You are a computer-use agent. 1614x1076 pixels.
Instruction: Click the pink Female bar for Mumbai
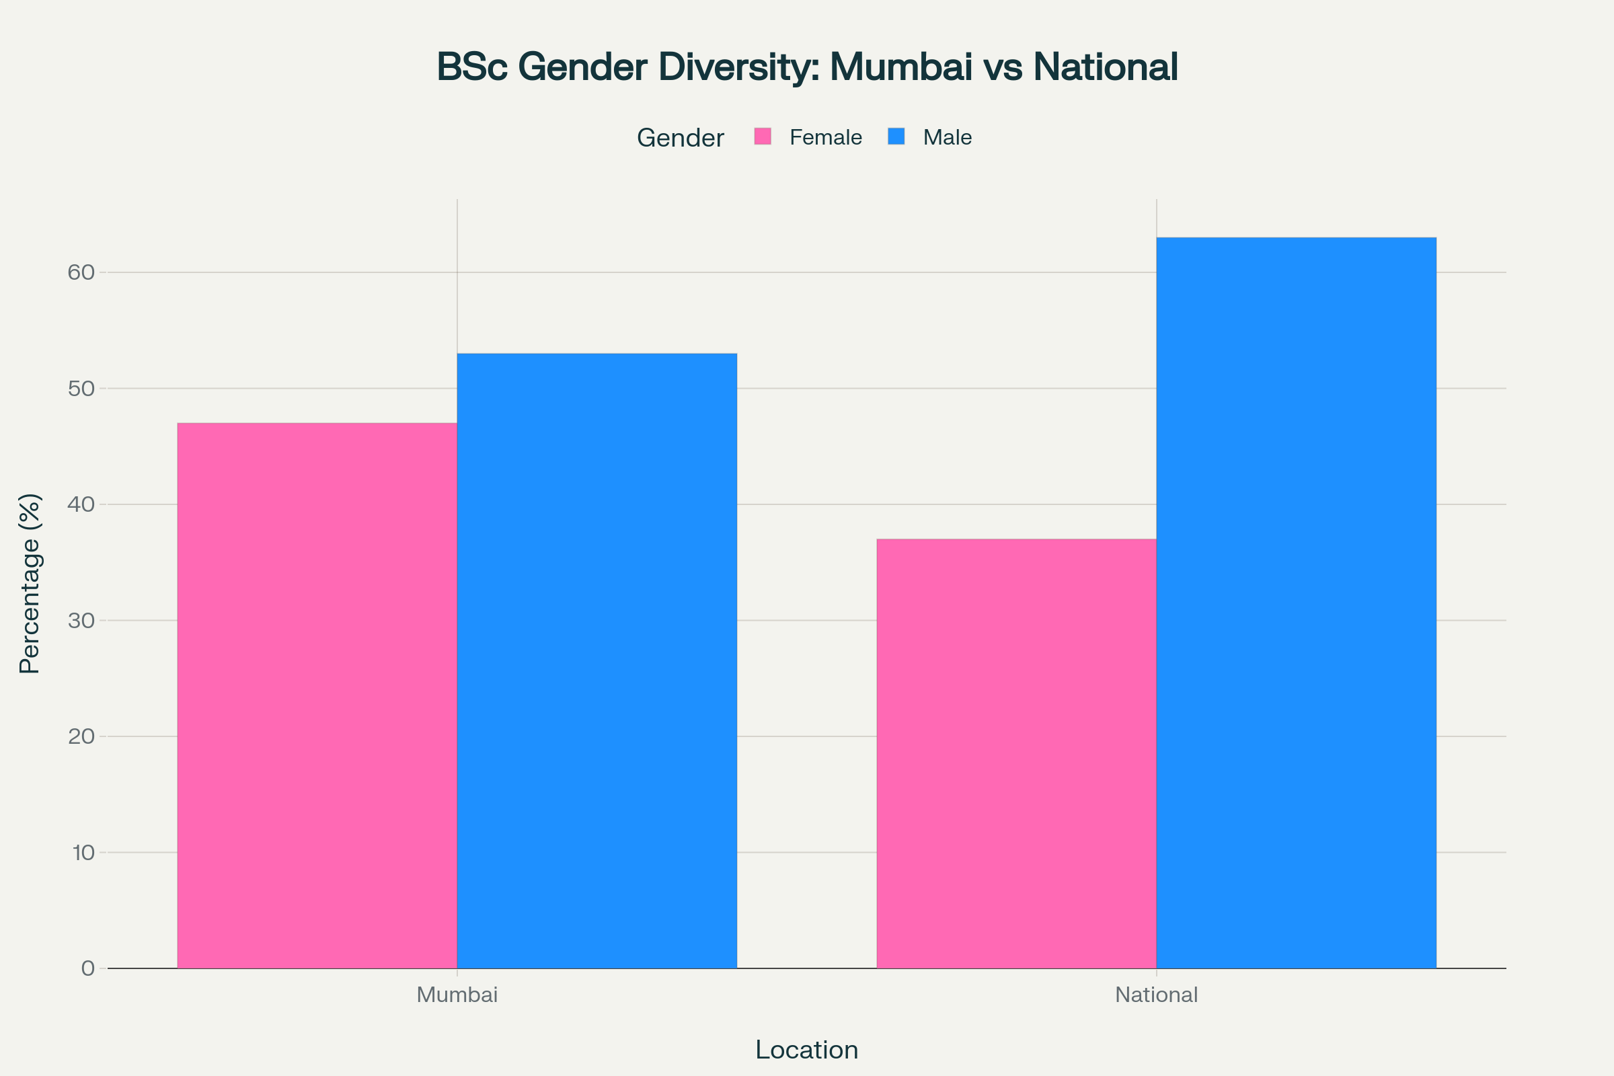[x=317, y=695]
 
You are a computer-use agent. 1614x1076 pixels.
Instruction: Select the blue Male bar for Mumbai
[x=597, y=661]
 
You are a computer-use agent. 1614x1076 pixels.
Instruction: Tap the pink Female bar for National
[x=1016, y=753]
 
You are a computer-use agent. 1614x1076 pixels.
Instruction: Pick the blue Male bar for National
[x=1296, y=603]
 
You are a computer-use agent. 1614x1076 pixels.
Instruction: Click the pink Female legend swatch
[x=763, y=137]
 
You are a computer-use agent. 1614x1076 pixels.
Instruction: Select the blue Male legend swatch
[x=896, y=137]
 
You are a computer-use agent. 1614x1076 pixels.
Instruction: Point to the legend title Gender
[x=679, y=138]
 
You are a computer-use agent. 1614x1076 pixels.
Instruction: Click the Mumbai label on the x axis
[x=457, y=995]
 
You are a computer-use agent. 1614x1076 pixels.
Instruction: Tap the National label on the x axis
[x=1156, y=995]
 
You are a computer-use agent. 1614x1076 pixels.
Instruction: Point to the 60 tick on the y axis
[x=81, y=272]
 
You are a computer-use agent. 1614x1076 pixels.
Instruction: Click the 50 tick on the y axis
[x=81, y=389]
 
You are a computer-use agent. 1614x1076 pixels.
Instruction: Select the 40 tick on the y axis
[x=81, y=504]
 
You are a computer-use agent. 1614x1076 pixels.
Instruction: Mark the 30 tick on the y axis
[x=81, y=620]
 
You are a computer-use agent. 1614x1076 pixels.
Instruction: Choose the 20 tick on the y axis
[x=81, y=736]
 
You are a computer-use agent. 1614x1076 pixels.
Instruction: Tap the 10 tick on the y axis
[x=83, y=852]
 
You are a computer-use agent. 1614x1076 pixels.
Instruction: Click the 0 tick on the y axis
[x=88, y=968]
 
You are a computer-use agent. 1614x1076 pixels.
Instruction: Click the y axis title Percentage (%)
[x=30, y=583]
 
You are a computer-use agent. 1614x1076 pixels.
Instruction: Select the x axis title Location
[x=806, y=1050]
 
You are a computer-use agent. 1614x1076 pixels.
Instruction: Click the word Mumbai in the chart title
[x=901, y=67]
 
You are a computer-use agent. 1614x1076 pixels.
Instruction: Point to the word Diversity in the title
[x=738, y=67]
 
